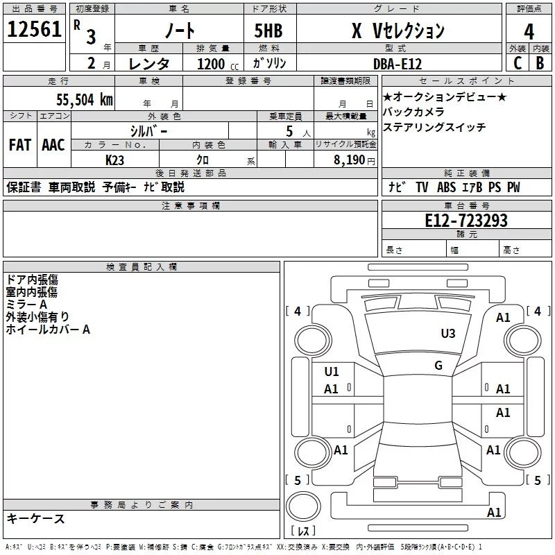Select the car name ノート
click(x=179, y=31)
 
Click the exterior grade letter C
click(x=517, y=63)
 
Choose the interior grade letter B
click(x=540, y=63)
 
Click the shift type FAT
click(x=20, y=145)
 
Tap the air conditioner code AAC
click(x=53, y=145)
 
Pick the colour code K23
click(x=115, y=160)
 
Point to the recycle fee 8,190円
click(x=354, y=160)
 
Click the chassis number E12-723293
click(x=466, y=221)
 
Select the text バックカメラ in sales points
click(x=413, y=112)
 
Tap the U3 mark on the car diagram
click(x=448, y=334)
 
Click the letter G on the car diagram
click(x=438, y=366)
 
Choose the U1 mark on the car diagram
click(x=332, y=372)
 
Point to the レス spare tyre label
click(x=303, y=531)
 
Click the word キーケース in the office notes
click(x=35, y=518)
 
